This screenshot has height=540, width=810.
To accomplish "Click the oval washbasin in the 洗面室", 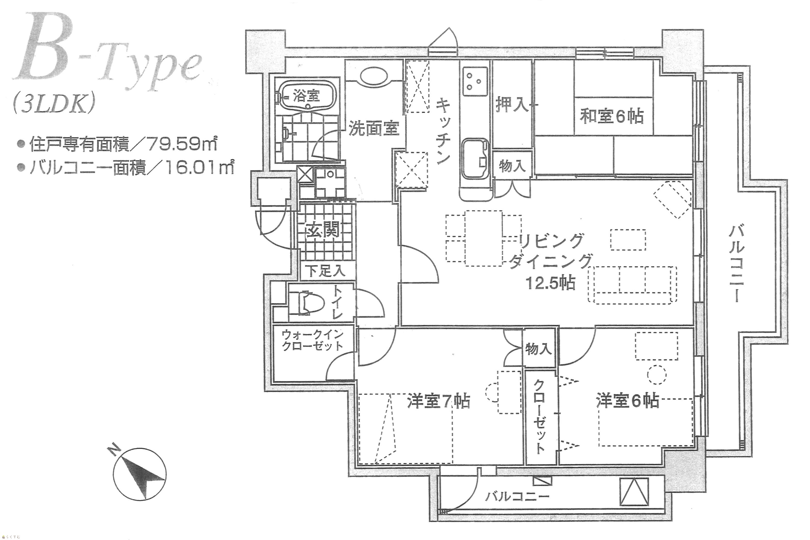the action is (x=374, y=76).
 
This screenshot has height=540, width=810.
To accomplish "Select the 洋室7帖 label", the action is (x=439, y=401).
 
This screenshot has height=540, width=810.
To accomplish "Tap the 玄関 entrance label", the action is (x=323, y=229).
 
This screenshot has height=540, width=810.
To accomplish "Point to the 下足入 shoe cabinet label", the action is (x=326, y=271).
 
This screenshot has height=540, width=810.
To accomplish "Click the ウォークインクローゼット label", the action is (x=312, y=340).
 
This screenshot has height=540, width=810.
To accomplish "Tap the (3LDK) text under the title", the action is (x=53, y=104).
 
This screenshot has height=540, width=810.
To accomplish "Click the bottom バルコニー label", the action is (x=517, y=497).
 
